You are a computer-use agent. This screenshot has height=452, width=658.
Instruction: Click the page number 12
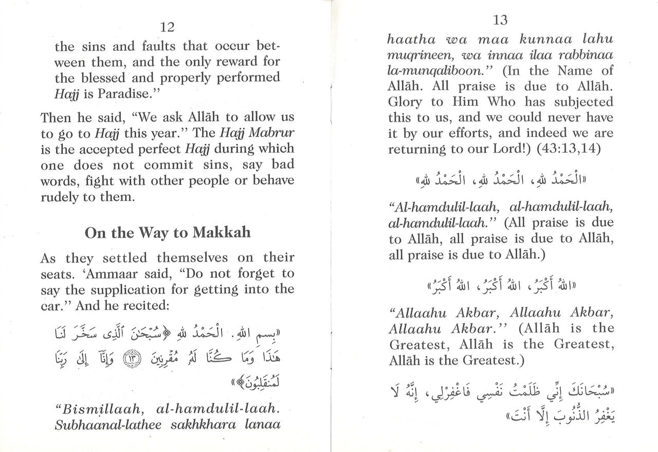(x=168, y=27)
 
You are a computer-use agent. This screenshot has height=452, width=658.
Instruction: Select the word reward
(x=248, y=62)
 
